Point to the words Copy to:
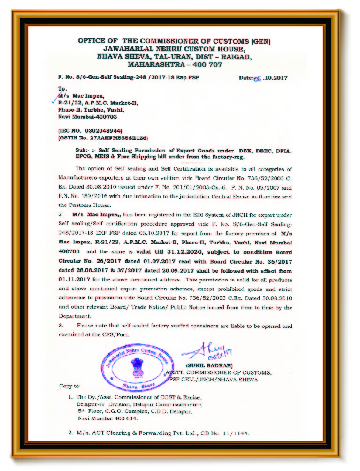(69, 386)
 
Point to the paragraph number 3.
(61, 325)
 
